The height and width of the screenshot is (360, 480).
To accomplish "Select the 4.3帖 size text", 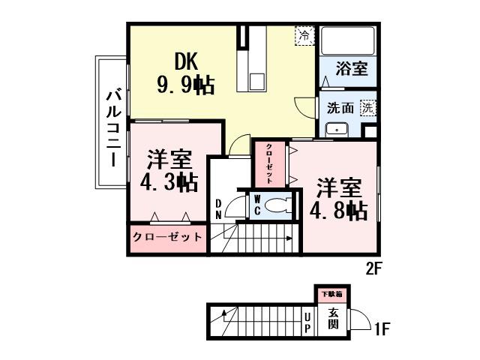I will click(169, 181).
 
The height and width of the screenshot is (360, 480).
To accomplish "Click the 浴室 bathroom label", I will click(352, 69).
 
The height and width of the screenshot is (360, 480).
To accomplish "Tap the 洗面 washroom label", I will click(340, 107).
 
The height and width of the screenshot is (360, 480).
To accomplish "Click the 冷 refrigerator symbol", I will click(304, 34).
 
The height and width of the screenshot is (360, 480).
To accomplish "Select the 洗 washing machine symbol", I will click(368, 106).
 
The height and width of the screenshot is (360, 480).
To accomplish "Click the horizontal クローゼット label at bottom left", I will click(167, 237).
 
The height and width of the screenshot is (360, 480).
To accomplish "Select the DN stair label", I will click(218, 208).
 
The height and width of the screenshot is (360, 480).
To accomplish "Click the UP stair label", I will click(308, 323).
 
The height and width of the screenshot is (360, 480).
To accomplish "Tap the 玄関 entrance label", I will click(333, 319).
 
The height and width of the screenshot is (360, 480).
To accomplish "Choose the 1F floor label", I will click(382, 328).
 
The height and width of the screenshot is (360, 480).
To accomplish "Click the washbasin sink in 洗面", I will click(337, 128).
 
